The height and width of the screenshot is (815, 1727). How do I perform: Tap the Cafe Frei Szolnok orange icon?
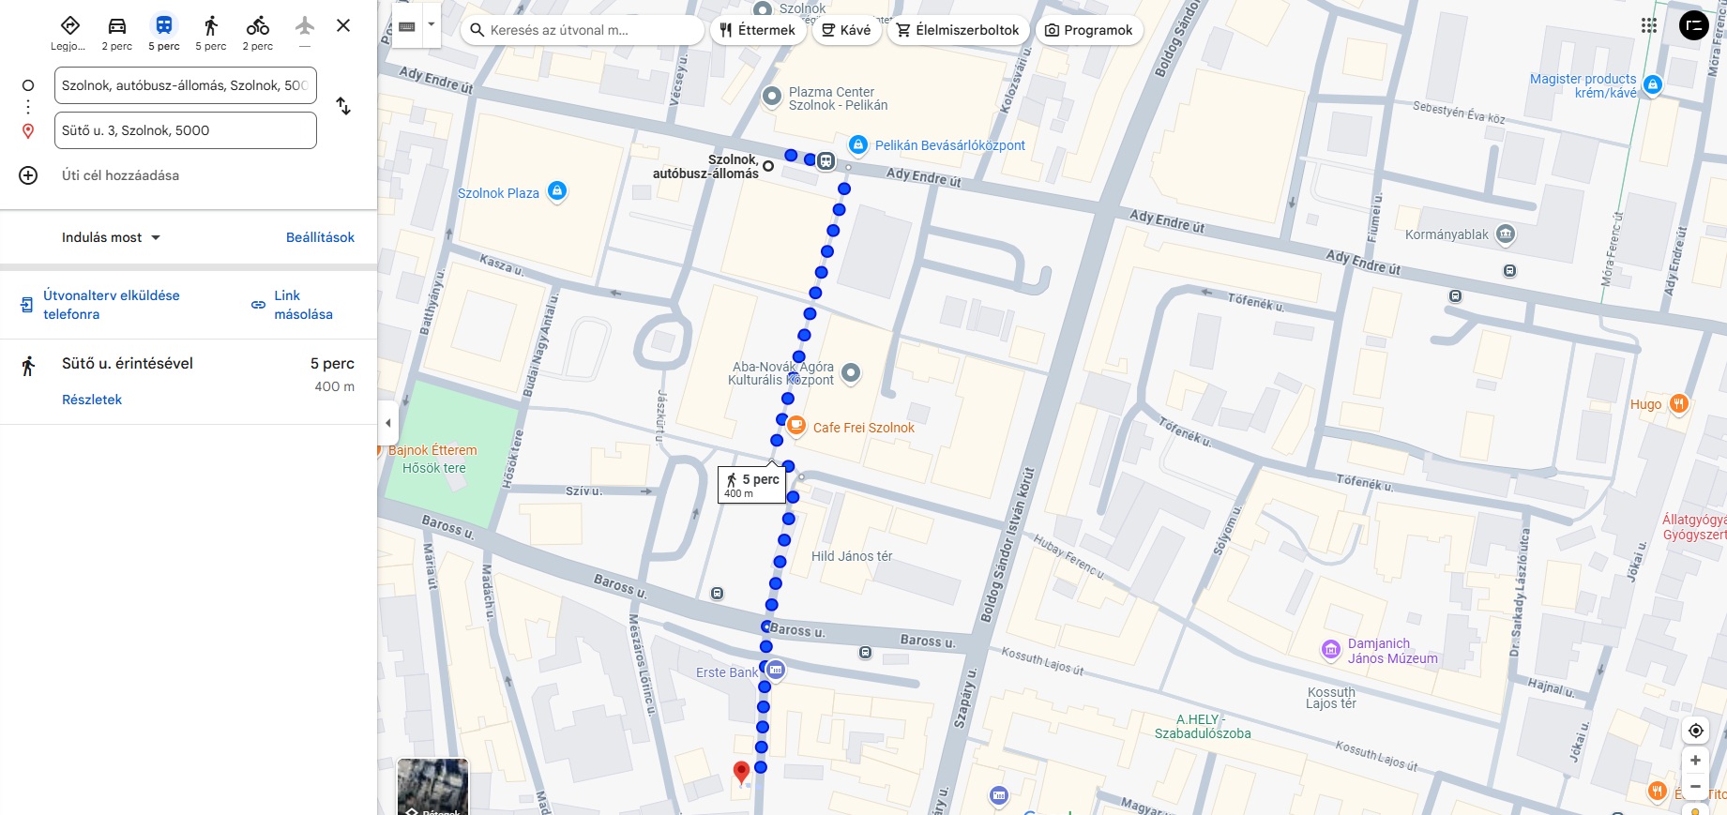[796, 426]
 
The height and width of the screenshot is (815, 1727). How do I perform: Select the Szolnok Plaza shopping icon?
[557, 191]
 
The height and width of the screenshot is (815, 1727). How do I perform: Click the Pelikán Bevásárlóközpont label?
[949, 145]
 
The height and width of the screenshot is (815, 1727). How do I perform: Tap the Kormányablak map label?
[1447, 234]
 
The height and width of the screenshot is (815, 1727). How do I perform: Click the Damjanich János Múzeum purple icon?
[1330, 649]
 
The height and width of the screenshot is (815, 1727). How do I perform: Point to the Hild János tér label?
[851, 556]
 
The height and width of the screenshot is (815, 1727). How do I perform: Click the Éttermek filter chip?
[757, 30]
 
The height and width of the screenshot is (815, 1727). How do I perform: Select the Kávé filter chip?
[846, 30]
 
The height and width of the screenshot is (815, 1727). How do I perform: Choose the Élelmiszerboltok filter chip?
[958, 30]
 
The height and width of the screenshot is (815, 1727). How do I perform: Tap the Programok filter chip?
[1089, 30]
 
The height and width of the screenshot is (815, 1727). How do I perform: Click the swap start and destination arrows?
[343, 107]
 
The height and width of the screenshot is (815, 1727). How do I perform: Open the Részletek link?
[92, 400]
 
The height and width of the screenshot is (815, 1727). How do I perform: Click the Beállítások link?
[320, 237]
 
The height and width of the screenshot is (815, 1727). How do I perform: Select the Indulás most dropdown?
[111, 237]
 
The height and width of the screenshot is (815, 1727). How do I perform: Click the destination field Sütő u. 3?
[185, 130]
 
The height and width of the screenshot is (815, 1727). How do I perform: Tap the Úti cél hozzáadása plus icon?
[28, 175]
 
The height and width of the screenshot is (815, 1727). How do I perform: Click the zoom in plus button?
[1695, 761]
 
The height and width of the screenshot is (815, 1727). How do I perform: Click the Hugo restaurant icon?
[1678, 404]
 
